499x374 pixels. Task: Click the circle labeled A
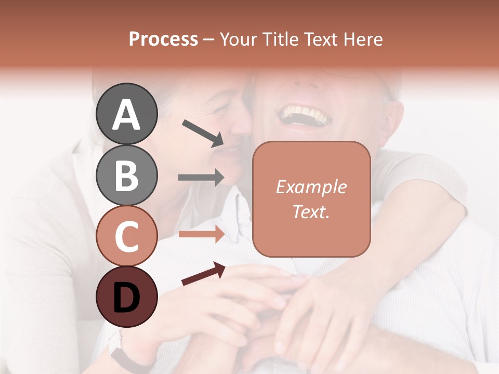click(x=126, y=114)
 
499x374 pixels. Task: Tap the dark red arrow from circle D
click(x=203, y=274)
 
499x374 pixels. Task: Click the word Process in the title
click(x=163, y=39)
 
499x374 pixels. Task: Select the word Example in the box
click(x=311, y=187)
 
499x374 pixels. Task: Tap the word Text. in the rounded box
click(x=311, y=211)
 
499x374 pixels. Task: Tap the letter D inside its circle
click(x=126, y=297)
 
